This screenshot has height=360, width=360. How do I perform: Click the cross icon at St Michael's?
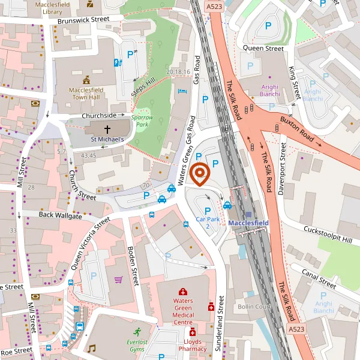(x=108, y=129)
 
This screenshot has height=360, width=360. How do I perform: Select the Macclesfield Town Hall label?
(x=86, y=94)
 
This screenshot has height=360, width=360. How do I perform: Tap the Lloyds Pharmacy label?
(x=192, y=344)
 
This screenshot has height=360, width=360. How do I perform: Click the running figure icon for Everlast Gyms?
(x=137, y=331)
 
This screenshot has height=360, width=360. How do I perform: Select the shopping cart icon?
(x=119, y=279)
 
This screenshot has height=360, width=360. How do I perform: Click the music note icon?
(x=91, y=348)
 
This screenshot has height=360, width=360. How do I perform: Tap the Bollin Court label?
(x=255, y=307)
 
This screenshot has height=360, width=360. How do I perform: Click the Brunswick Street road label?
(x=83, y=20)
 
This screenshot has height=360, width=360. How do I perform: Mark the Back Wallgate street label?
(x=60, y=215)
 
